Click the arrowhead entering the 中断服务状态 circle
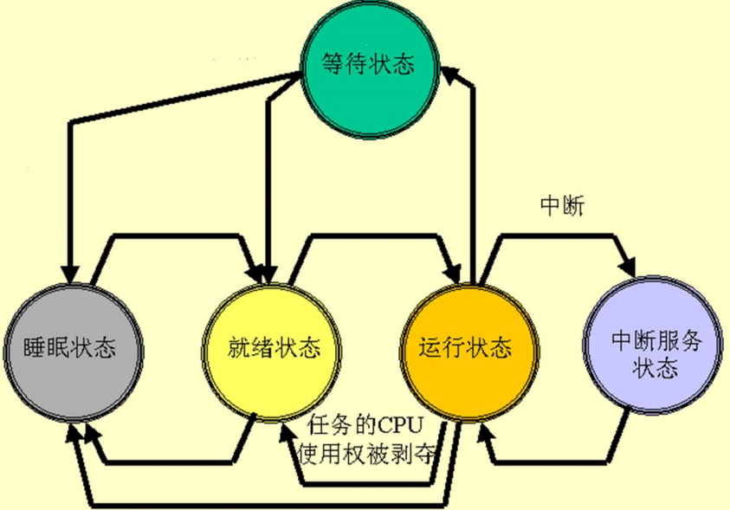coord(629,265)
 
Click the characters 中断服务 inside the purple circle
coord(655,339)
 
